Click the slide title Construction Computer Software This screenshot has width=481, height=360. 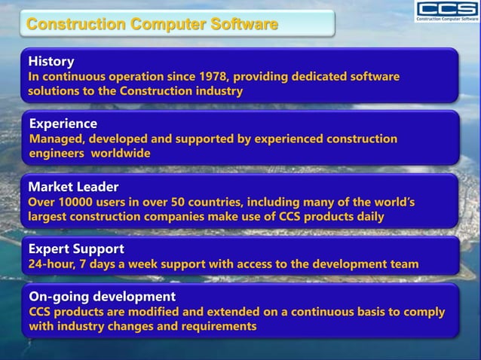pos(152,25)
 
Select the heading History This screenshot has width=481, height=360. pos(51,61)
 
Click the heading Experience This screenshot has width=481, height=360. pos(63,124)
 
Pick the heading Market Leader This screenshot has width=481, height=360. pos(73,186)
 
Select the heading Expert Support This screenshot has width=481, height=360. pos(76,249)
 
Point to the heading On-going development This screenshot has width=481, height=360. pos(102,296)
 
